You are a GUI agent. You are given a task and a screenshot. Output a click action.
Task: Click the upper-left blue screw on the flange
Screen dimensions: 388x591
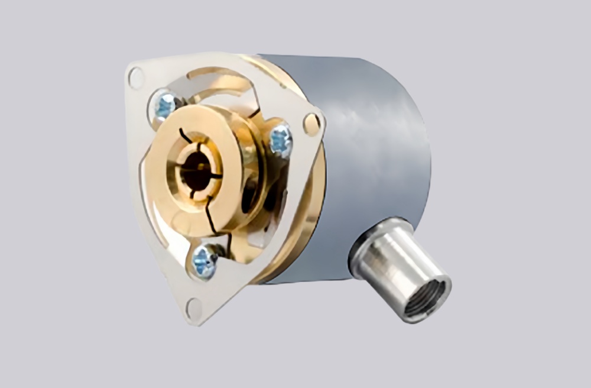165,106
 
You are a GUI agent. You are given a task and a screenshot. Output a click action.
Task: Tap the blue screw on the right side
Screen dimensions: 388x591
281,141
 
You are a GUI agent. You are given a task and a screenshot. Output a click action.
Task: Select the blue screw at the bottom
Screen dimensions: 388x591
204,261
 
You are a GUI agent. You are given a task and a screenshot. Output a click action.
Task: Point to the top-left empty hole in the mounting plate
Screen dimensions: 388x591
135,77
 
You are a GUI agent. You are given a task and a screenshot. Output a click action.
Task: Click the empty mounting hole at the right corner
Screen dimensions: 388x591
311,124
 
